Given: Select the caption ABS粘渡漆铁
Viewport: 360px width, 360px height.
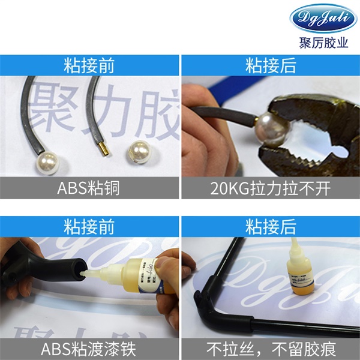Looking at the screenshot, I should [x=89, y=349].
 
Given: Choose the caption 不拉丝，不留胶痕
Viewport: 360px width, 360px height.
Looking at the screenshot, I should [x=271, y=349].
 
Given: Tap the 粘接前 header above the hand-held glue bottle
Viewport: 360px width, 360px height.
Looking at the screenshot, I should [x=89, y=226].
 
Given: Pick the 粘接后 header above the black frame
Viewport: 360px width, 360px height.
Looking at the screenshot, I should [x=271, y=226].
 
